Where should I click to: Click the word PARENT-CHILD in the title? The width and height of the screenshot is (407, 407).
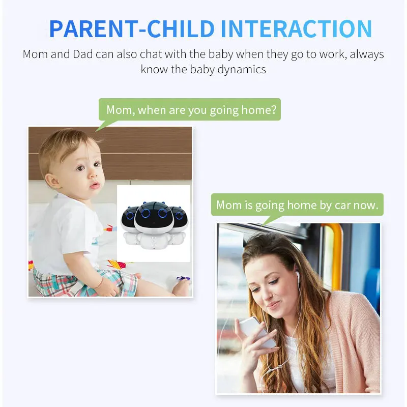pyautogui.click(x=132, y=29)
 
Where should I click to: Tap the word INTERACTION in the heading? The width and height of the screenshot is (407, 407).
pyautogui.click(x=297, y=29)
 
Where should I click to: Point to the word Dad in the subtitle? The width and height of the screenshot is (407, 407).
pyautogui.click(x=82, y=54)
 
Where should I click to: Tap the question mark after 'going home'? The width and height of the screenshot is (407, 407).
pyautogui.click(x=274, y=109)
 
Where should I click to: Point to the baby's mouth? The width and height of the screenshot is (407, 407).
pyautogui.click(x=95, y=185)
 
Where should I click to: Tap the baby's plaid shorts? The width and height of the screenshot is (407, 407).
pyautogui.click(x=83, y=283)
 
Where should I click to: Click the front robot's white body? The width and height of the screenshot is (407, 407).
pyautogui.click(x=154, y=241)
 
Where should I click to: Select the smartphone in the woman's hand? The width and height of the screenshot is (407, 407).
pyautogui.click(x=257, y=331)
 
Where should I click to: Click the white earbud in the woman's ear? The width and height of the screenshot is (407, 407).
pyautogui.click(x=298, y=275)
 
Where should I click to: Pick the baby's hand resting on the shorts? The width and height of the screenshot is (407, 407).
pyautogui.click(x=107, y=287)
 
